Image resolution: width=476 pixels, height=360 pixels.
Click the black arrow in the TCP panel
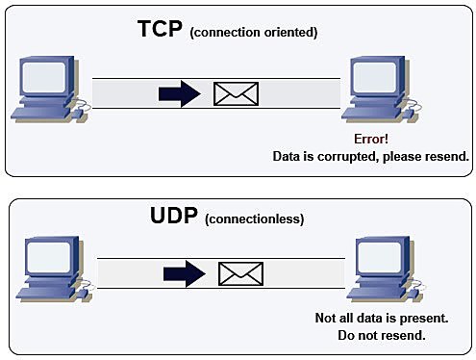(180, 93)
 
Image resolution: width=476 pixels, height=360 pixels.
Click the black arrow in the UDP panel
(186, 273)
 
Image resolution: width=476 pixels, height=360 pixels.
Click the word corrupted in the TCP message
(356, 156)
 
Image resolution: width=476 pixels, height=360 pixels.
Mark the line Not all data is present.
(382, 319)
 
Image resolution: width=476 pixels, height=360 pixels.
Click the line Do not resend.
(382, 336)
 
